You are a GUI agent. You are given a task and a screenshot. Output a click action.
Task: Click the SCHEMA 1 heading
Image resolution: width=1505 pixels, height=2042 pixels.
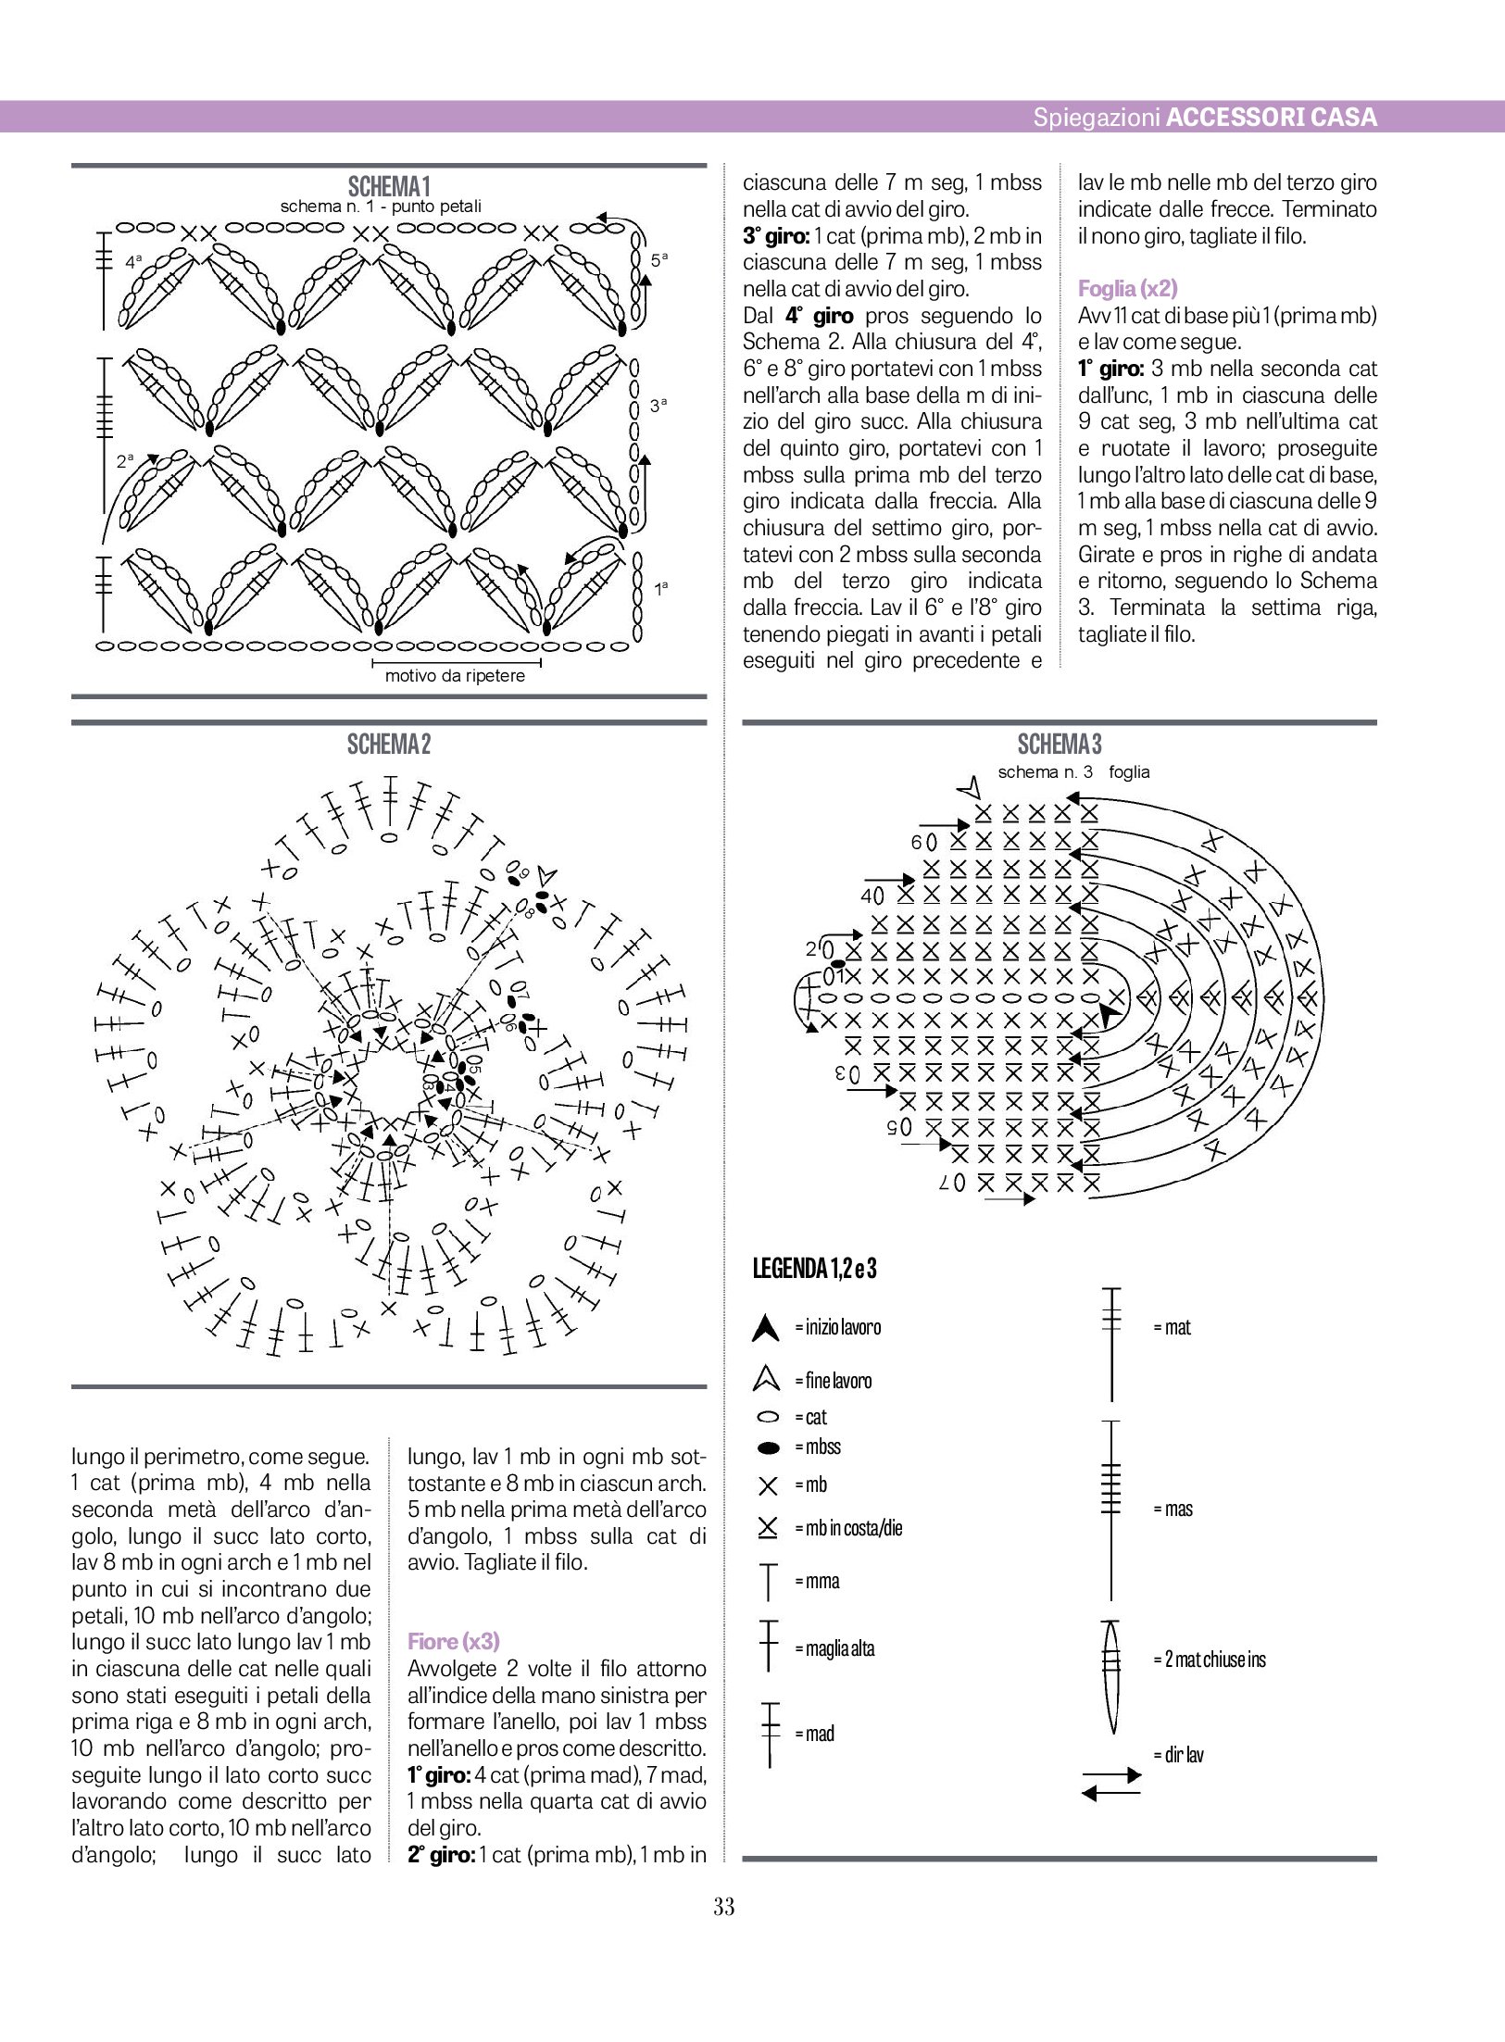pyautogui.click(x=389, y=187)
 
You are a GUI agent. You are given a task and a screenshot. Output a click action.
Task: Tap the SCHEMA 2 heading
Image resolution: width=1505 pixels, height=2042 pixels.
pyautogui.click(x=389, y=745)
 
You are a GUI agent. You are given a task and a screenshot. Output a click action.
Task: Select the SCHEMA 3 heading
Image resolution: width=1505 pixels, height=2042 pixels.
pyautogui.click(x=1060, y=745)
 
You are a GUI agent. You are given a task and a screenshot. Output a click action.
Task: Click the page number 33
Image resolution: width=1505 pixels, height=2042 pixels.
pyautogui.click(x=724, y=1907)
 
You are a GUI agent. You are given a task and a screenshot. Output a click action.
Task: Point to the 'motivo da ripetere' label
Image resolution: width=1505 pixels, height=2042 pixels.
pyautogui.click(x=455, y=676)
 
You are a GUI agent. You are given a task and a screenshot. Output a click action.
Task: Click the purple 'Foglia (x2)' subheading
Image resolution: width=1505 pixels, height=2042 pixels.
pyautogui.click(x=1127, y=289)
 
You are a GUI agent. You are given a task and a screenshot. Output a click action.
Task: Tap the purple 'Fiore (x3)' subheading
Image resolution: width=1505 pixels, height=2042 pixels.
pyautogui.click(x=454, y=1642)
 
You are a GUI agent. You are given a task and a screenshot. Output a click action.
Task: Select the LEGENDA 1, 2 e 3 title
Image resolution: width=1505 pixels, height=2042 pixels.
pyautogui.click(x=815, y=1268)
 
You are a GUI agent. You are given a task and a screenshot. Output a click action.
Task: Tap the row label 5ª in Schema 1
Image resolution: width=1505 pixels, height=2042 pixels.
pyautogui.click(x=658, y=260)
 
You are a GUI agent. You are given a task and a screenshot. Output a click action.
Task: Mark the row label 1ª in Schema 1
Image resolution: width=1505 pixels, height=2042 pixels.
pyautogui.click(x=661, y=588)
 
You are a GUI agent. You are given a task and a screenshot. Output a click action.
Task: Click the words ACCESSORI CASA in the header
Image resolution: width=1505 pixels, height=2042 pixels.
pyautogui.click(x=1271, y=118)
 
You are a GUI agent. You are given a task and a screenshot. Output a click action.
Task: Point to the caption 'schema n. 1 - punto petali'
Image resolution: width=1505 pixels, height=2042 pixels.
pyautogui.click(x=381, y=207)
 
